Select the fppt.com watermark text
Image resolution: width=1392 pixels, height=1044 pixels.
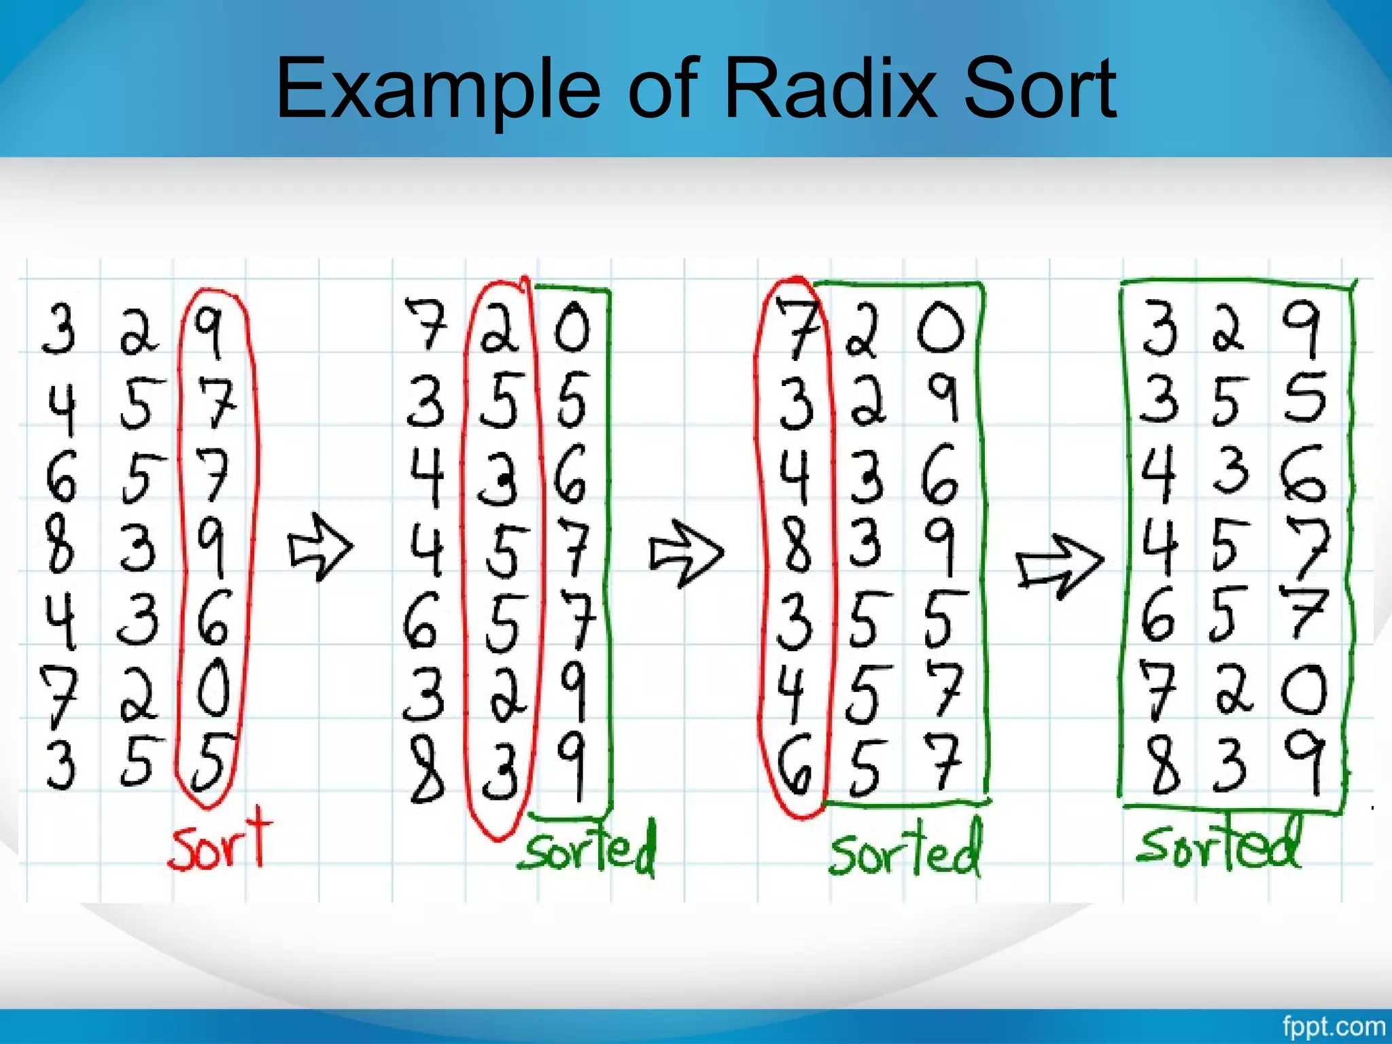click(x=1333, y=1026)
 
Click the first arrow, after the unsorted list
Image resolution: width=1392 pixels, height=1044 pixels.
click(x=320, y=547)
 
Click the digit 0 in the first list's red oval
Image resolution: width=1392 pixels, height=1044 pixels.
click(x=213, y=689)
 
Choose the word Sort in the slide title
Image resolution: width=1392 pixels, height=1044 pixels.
click(x=1040, y=88)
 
